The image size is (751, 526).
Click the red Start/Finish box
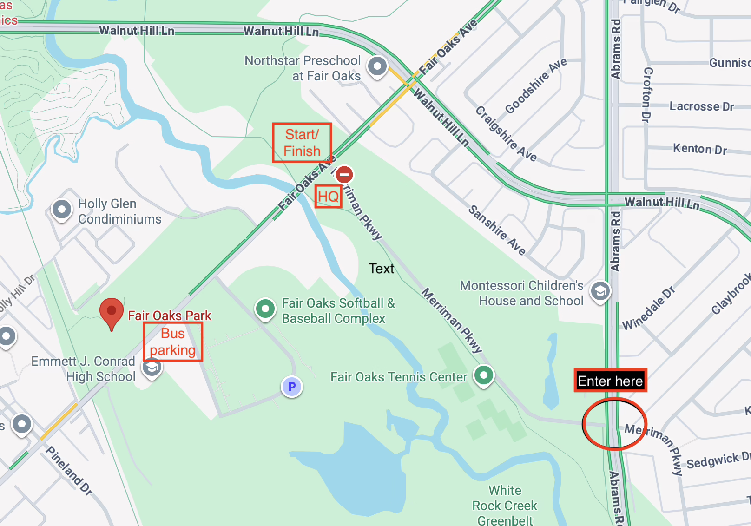click(x=302, y=143)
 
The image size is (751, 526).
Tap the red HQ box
click(x=329, y=196)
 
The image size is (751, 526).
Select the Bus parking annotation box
click(x=173, y=342)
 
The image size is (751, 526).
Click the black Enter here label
click(x=610, y=381)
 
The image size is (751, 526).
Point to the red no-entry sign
click(x=344, y=175)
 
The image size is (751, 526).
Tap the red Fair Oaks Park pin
click(x=112, y=312)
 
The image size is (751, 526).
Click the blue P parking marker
click(x=292, y=387)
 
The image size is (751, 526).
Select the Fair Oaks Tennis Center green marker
click(x=484, y=375)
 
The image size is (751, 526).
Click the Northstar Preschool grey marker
click(x=377, y=66)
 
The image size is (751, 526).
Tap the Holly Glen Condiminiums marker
click(x=62, y=210)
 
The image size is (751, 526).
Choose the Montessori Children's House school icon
click(x=600, y=291)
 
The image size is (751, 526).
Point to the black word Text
click(x=381, y=269)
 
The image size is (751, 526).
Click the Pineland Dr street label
click(x=69, y=470)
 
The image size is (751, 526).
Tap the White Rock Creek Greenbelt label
click(x=505, y=506)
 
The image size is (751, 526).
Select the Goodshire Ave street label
click(x=536, y=86)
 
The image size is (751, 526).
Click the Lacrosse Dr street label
click(x=701, y=106)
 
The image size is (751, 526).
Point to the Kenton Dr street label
click(x=700, y=149)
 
